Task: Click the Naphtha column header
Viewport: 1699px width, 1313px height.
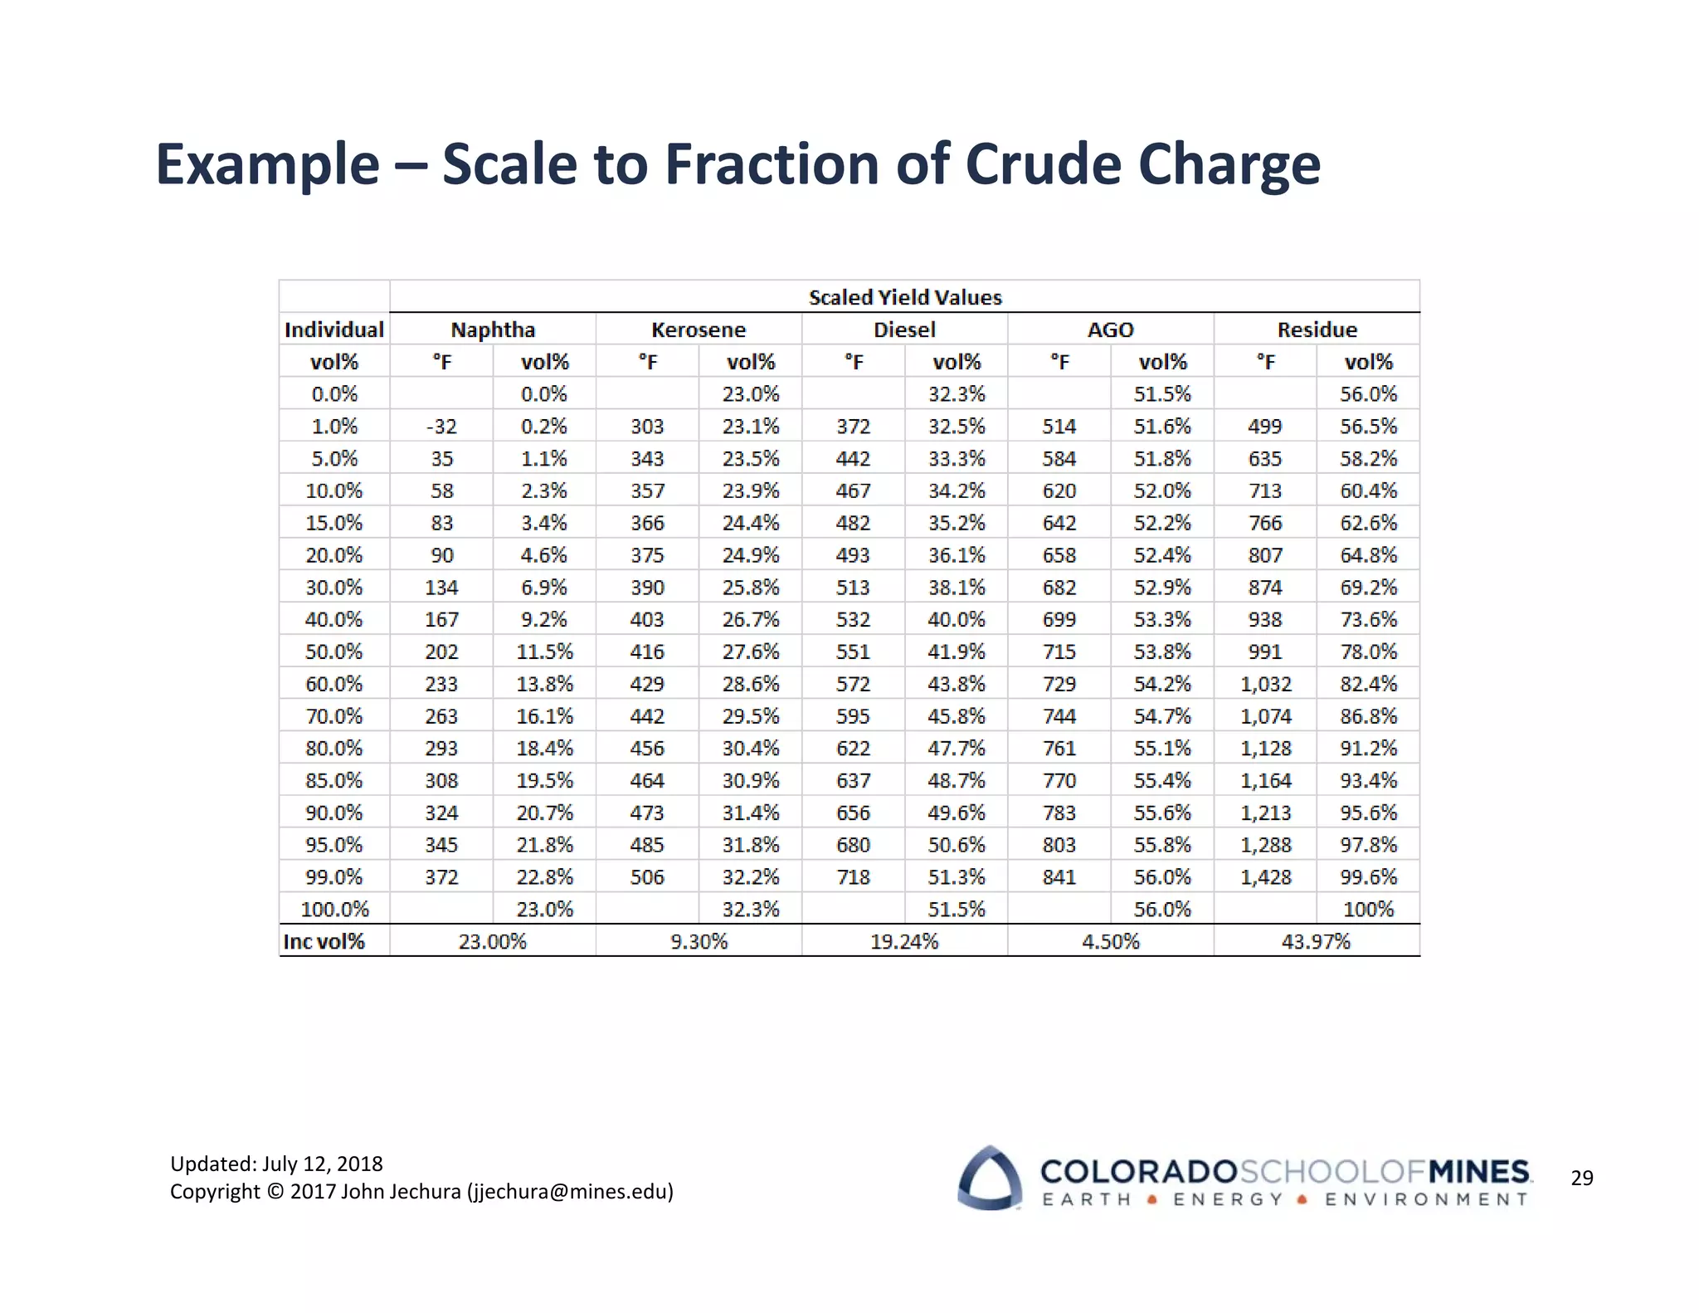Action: [493, 329]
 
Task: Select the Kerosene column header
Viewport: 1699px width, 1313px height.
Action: [699, 329]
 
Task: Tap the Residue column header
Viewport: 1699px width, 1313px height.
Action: [1317, 329]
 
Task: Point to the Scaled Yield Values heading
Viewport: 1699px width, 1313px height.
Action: [905, 297]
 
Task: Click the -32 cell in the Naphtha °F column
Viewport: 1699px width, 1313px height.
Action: [441, 427]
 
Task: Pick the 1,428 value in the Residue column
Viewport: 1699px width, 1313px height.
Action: [1265, 877]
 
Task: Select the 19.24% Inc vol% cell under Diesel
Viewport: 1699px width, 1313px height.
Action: [904, 941]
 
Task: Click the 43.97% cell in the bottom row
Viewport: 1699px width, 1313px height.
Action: [1316, 941]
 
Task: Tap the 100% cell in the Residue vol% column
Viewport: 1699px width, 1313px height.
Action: [1368, 910]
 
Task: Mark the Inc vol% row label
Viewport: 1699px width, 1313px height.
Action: [324, 941]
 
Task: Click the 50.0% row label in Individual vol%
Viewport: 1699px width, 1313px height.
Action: [333, 652]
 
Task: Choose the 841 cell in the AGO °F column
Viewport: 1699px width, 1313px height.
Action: [1059, 877]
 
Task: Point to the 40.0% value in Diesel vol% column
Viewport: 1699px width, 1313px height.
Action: [956, 620]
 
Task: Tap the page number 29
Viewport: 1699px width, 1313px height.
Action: [1581, 1178]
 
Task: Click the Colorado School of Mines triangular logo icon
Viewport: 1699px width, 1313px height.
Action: [989, 1178]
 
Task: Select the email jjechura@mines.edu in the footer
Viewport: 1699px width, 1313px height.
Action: [570, 1192]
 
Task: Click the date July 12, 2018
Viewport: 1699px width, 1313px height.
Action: [323, 1164]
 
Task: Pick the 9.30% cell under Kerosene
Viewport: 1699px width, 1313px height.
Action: [699, 941]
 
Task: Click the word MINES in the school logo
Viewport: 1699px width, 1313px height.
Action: [1479, 1171]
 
